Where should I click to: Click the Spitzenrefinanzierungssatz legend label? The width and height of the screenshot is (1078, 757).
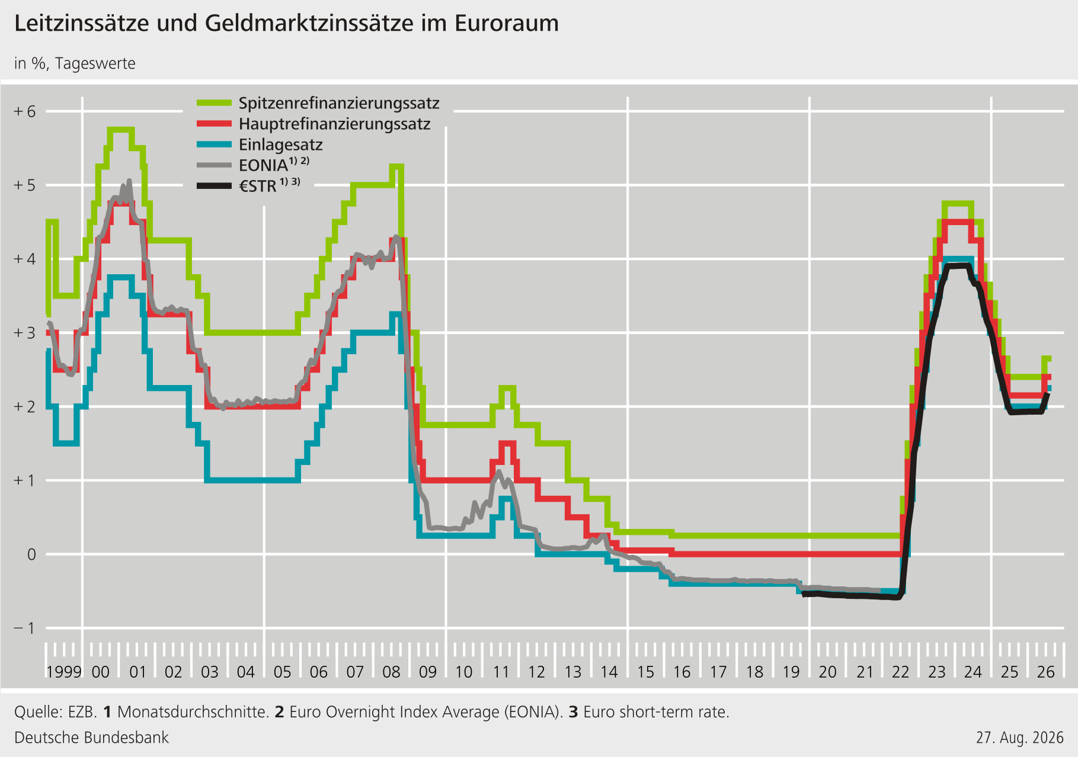click(x=339, y=104)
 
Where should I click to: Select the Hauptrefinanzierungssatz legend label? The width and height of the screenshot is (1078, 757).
click(x=334, y=124)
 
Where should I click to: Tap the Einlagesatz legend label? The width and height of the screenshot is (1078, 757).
click(x=280, y=145)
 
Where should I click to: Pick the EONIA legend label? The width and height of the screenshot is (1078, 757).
click(x=274, y=165)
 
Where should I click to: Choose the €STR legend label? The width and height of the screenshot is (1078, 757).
click(x=269, y=185)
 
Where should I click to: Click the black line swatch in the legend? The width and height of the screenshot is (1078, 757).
click(x=214, y=186)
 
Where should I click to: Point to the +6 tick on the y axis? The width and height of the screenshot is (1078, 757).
click(x=25, y=111)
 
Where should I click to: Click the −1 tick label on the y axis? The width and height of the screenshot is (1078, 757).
click(x=25, y=628)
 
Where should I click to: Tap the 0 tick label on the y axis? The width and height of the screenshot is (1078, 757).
click(x=31, y=554)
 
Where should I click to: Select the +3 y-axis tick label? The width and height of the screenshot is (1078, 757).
click(x=25, y=333)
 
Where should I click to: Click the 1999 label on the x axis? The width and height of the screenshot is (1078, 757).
click(x=64, y=672)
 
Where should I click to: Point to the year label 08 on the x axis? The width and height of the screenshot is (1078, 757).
click(x=391, y=672)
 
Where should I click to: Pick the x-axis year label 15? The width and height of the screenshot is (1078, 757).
click(x=645, y=672)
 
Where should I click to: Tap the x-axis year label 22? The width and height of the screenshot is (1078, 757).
click(x=900, y=672)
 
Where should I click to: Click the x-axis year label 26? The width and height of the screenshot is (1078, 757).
click(x=1045, y=672)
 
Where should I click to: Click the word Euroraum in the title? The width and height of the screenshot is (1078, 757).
click(x=507, y=23)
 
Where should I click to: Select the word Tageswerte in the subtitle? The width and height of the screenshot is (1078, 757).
click(x=95, y=63)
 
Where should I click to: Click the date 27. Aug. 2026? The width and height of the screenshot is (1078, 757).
click(x=1020, y=737)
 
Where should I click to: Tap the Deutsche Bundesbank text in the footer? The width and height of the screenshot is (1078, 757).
click(x=91, y=737)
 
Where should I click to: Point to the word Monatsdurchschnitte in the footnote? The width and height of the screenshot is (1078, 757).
click(x=193, y=711)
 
